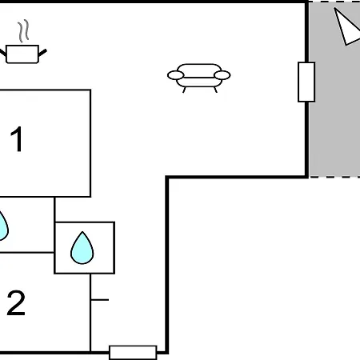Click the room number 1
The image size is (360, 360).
pos(17,138)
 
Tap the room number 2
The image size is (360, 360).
pos(16,302)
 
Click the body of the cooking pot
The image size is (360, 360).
pos(22,54)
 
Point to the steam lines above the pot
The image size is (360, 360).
pos(23,30)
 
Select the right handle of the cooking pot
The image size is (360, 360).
pos(42,53)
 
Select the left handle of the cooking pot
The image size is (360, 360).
pos(2,53)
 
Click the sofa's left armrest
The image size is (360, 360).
pos(176,75)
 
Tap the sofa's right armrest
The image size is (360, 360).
pos(222,75)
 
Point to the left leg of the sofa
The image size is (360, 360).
pos(184,90)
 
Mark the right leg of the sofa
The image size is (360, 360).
pos(215,90)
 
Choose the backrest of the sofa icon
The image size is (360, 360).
pos(199,70)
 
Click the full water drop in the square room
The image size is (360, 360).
pos(82,248)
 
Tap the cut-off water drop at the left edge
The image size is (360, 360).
pos(3,226)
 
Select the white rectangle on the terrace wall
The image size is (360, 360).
pos(306,82)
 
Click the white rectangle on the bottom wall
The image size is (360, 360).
pos(133,353)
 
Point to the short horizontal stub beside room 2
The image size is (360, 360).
pos(100,300)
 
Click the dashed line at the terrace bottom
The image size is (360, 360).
pos(334,177)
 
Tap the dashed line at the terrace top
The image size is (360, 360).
pos(334,2)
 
